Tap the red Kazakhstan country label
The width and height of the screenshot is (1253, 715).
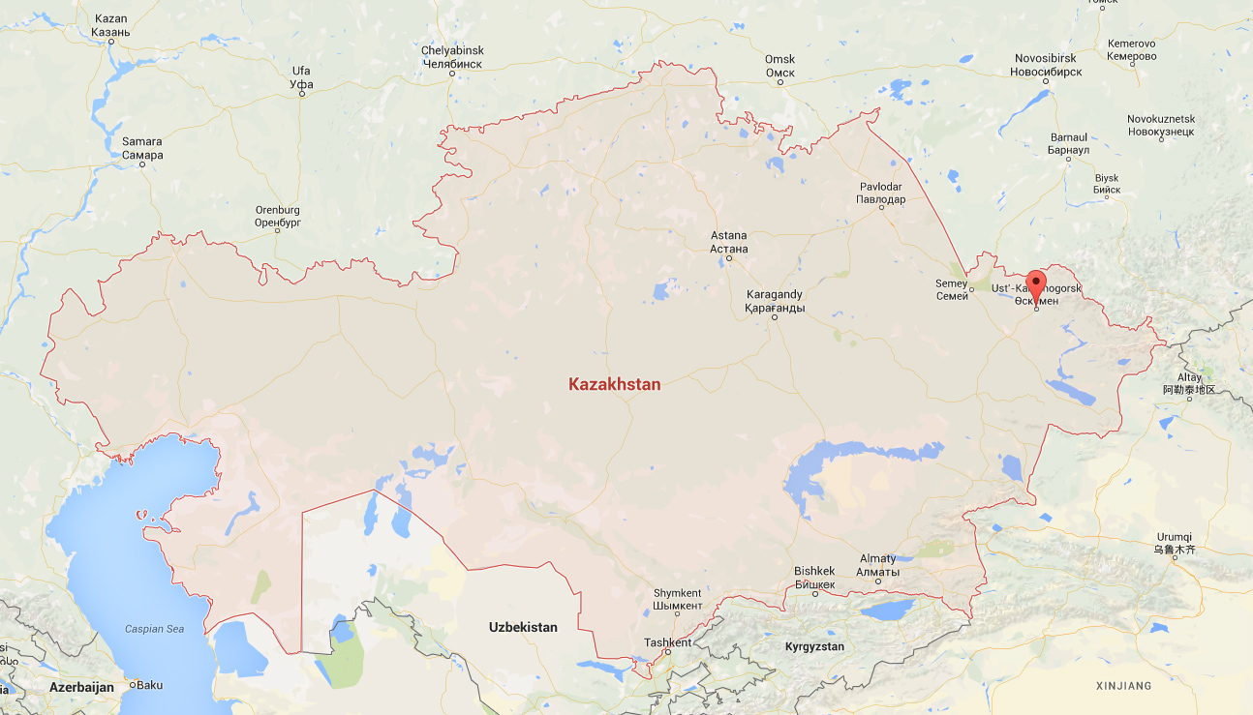click(615, 384)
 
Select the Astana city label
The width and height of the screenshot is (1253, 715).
click(729, 242)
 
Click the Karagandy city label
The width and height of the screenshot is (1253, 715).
click(775, 301)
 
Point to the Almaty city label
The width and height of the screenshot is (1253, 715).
click(877, 565)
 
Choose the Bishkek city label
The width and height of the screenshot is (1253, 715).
click(814, 578)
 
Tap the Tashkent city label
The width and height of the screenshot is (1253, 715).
click(668, 642)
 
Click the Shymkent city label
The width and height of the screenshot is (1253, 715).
click(677, 600)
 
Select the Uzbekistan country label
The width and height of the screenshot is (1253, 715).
click(523, 627)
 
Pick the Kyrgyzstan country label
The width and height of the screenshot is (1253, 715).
click(814, 646)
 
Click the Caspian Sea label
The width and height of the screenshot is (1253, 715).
click(154, 629)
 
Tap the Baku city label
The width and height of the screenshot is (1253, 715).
click(150, 684)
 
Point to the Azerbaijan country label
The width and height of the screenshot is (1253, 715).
click(81, 686)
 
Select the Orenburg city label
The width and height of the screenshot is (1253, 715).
click(277, 216)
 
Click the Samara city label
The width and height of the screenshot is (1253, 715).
click(142, 148)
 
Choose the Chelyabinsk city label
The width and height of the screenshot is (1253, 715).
click(452, 57)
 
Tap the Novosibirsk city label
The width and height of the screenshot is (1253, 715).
click(1046, 66)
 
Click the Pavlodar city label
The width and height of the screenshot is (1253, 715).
click(881, 193)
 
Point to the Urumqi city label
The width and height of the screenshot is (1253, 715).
click(1174, 543)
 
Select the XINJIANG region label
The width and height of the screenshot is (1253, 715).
click(1123, 686)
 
